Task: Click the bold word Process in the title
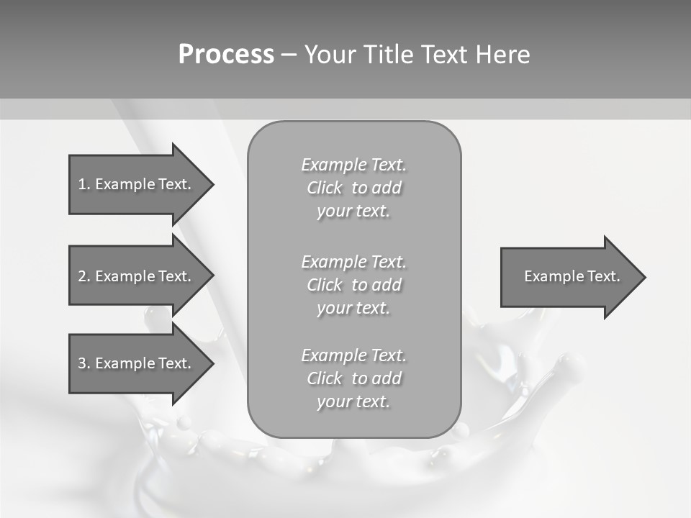pyautogui.click(x=226, y=55)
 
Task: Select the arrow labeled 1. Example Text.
pyautogui.click(x=135, y=184)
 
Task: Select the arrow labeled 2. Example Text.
pyautogui.click(x=135, y=276)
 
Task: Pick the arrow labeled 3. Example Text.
pyautogui.click(x=135, y=363)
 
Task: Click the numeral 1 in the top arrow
pyautogui.click(x=81, y=184)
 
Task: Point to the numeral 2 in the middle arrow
pyautogui.click(x=81, y=276)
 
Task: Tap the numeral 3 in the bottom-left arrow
pyautogui.click(x=81, y=363)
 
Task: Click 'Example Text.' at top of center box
pyautogui.click(x=353, y=165)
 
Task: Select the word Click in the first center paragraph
pyautogui.click(x=324, y=188)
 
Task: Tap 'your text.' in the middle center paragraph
pyautogui.click(x=353, y=308)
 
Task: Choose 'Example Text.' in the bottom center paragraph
pyautogui.click(x=353, y=355)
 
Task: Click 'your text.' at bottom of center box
pyautogui.click(x=353, y=401)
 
